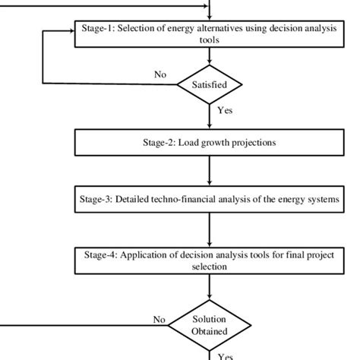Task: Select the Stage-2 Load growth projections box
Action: coord(207,141)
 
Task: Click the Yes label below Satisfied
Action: coord(225,111)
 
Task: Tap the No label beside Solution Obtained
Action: coord(159,320)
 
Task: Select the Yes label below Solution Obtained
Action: coord(226,354)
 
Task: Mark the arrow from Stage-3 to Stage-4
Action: coord(207,231)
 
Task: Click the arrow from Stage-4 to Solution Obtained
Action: coord(207,291)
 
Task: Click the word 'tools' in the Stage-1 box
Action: coord(207,42)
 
